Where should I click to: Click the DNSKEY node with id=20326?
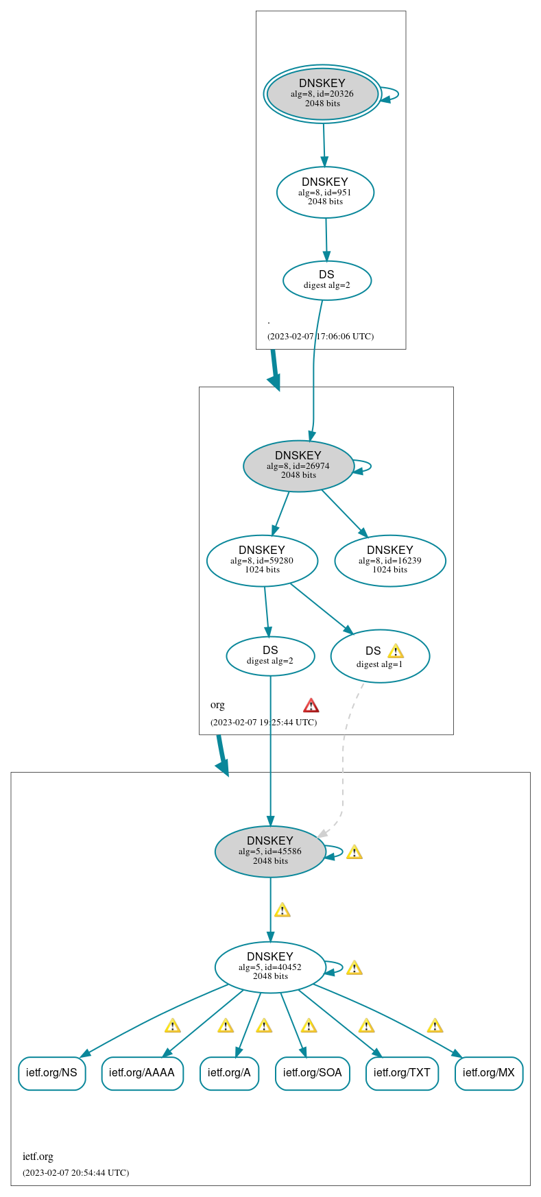pyautogui.click(x=322, y=94)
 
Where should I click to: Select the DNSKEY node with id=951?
pyautogui.click(x=325, y=192)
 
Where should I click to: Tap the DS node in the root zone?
pyautogui.click(x=326, y=280)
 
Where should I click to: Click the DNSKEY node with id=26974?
pyautogui.click(x=298, y=465)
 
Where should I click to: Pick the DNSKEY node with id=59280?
pyautogui.click(x=262, y=560)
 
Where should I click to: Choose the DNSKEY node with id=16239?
pyautogui.click(x=389, y=560)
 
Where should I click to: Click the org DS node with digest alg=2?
pyautogui.click(x=270, y=655)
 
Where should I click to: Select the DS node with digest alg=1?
pyautogui.click(x=379, y=656)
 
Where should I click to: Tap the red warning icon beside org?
pyautogui.click(x=311, y=705)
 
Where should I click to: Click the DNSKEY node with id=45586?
pyautogui.click(x=270, y=851)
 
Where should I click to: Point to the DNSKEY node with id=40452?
pyautogui.click(x=270, y=967)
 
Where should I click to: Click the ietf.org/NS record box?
pyautogui.click(x=52, y=1073)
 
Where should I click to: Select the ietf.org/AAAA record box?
pyautogui.click(x=142, y=1073)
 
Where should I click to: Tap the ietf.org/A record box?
pyautogui.click(x=229, y=1073)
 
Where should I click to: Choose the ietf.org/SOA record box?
pyautogui.click(x=312, y=1073)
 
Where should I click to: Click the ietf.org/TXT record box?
pyautogui.click(x=402, y=1073)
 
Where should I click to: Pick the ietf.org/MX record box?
pyautogui.click(x=488, y=1073)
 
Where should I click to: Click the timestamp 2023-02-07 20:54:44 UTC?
pyautogui.click(x=75, y=1172)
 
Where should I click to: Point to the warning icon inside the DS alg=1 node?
pyautogui.click(x=395, y=651)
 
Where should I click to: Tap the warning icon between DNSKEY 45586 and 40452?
pyautogui.click(x=282, y=910)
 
